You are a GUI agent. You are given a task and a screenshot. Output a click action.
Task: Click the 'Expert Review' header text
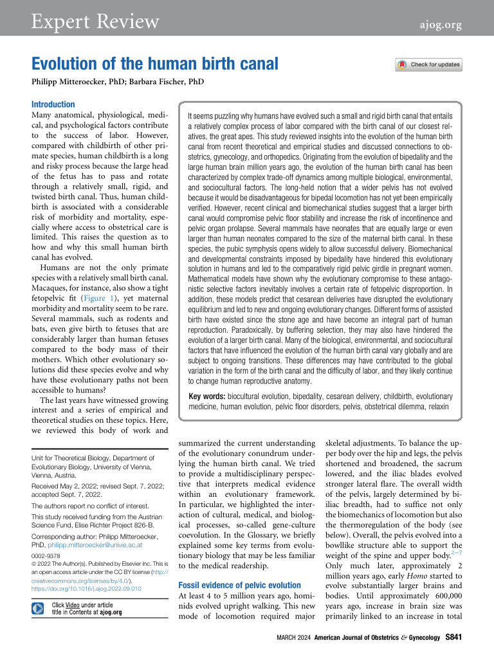pos(96,21)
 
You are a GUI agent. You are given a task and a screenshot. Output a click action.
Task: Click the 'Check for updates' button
pos(428,64)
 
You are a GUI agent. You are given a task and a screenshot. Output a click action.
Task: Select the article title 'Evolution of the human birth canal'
pos(155,64)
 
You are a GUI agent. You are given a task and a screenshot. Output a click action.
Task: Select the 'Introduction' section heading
pos(53,104)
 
